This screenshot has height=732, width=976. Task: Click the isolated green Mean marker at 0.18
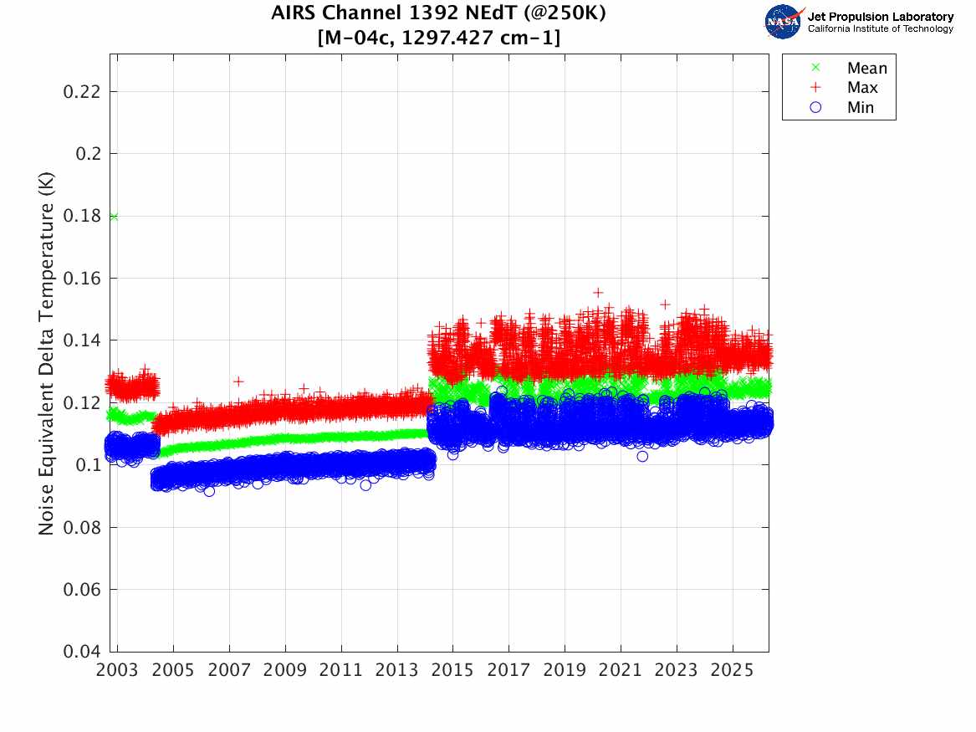(113, 217)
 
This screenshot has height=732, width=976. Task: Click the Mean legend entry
(866, 69)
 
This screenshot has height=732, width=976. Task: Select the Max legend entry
(862, 88)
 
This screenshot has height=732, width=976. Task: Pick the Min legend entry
(860, 107)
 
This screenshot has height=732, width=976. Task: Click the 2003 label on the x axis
(118, 670)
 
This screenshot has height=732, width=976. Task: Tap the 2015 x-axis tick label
(452, 670)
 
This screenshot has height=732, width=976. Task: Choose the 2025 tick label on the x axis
(733, 670)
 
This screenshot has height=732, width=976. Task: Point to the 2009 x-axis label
(285, 670)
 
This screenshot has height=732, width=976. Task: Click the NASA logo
(784, 22)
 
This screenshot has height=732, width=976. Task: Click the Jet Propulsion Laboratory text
(881, 17)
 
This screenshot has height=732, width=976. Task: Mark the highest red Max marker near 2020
(598, 293)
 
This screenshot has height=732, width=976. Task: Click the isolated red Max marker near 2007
(238, 381)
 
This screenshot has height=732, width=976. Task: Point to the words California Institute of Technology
(881, 29)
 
